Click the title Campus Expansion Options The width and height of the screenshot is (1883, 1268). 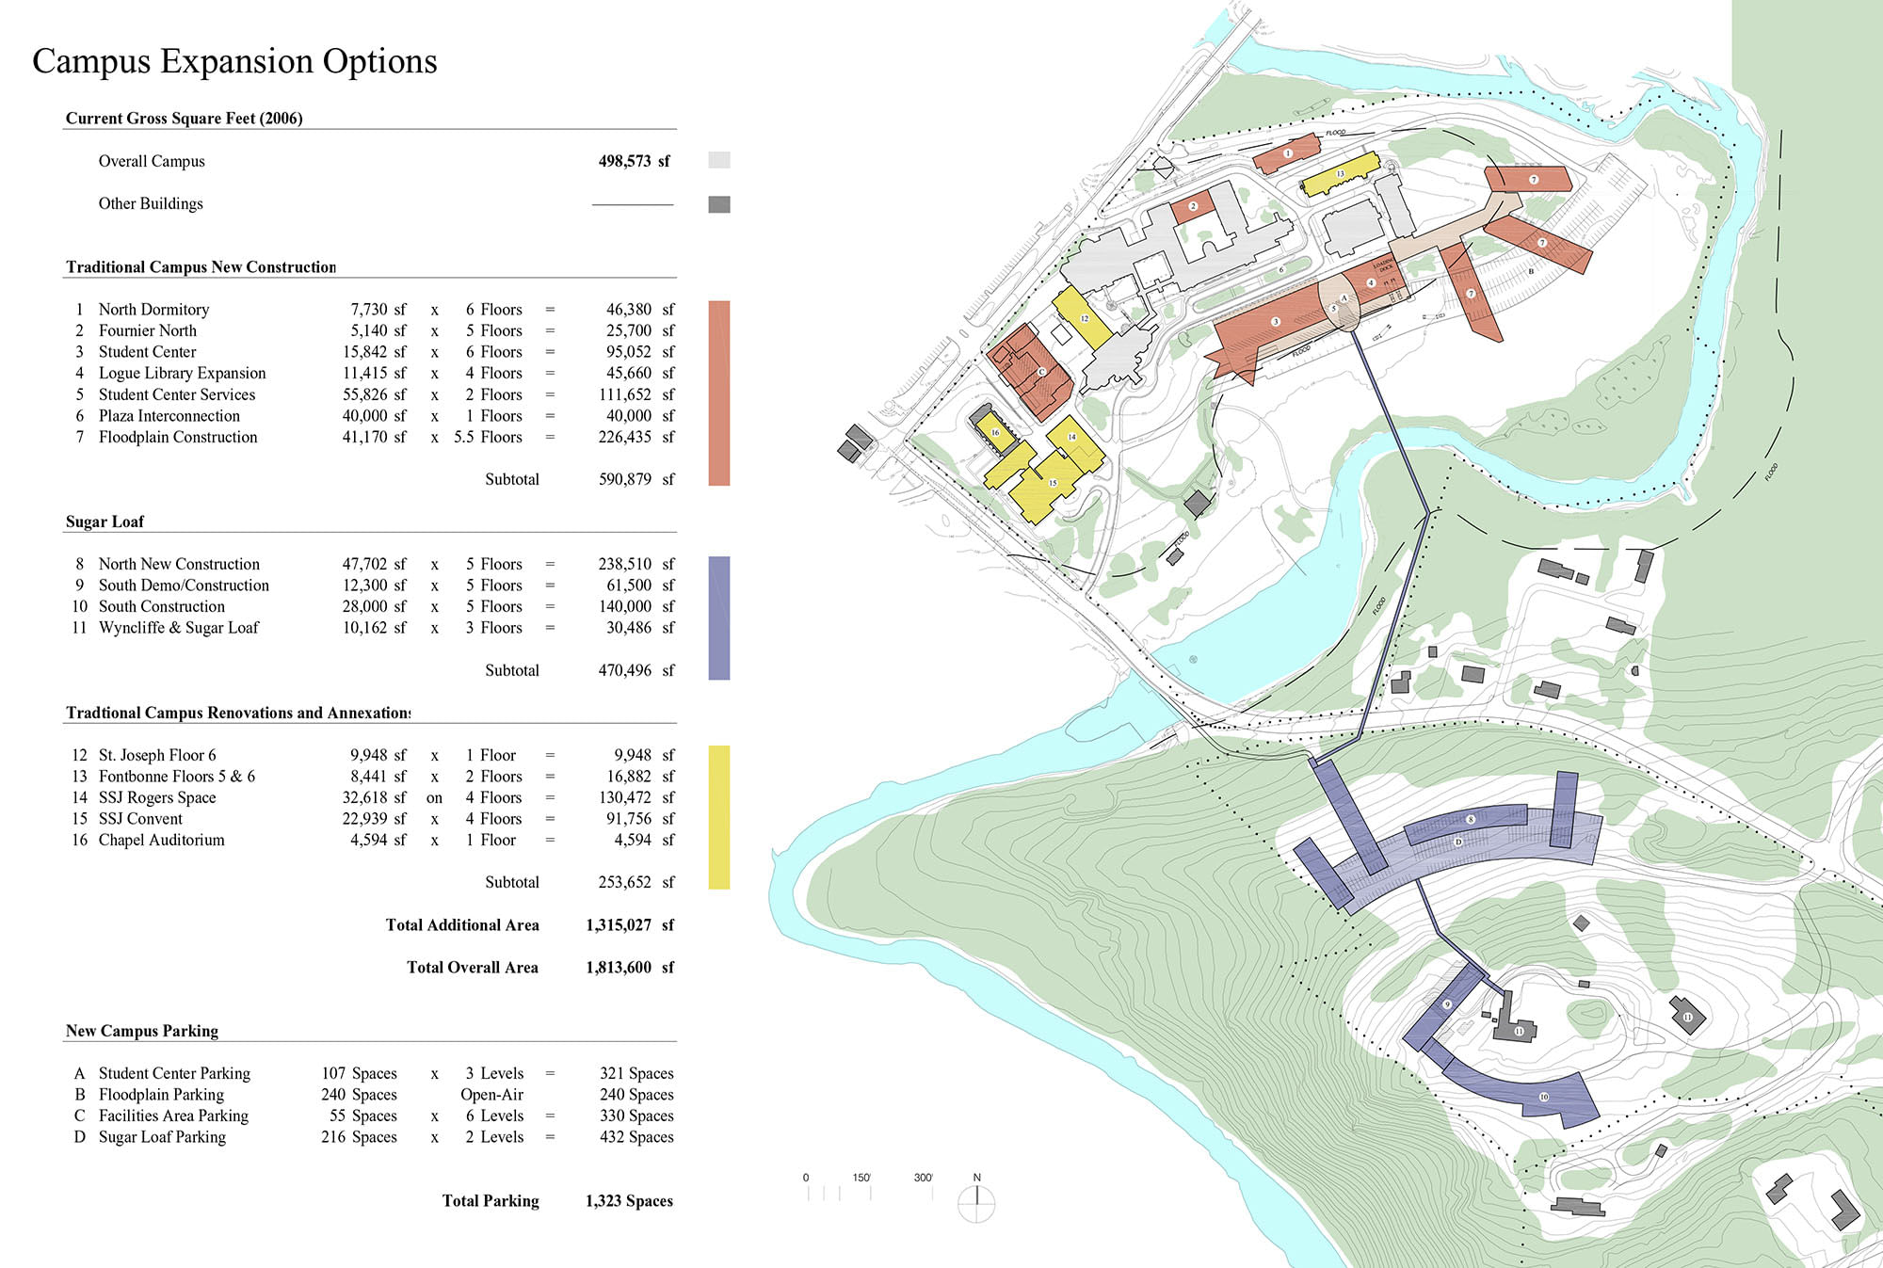234,61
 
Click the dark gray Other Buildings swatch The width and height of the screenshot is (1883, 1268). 718,204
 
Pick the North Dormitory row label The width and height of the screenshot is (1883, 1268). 153,310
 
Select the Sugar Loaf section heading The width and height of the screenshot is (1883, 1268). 105,522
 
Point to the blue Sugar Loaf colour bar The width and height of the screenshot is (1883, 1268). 718,618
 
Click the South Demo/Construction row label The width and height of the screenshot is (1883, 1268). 184,586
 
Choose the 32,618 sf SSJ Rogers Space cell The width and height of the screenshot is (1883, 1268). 374,797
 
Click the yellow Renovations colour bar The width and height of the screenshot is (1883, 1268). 718,817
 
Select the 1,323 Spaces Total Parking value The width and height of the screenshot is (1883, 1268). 629,1201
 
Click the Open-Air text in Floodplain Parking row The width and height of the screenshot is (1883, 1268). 491,1095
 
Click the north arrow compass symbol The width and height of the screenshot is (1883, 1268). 976,1202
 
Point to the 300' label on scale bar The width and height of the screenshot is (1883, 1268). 923,1178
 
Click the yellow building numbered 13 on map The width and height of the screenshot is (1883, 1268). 1341,175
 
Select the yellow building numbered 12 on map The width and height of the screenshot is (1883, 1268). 1083,318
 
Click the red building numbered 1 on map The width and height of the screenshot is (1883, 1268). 1287,153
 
